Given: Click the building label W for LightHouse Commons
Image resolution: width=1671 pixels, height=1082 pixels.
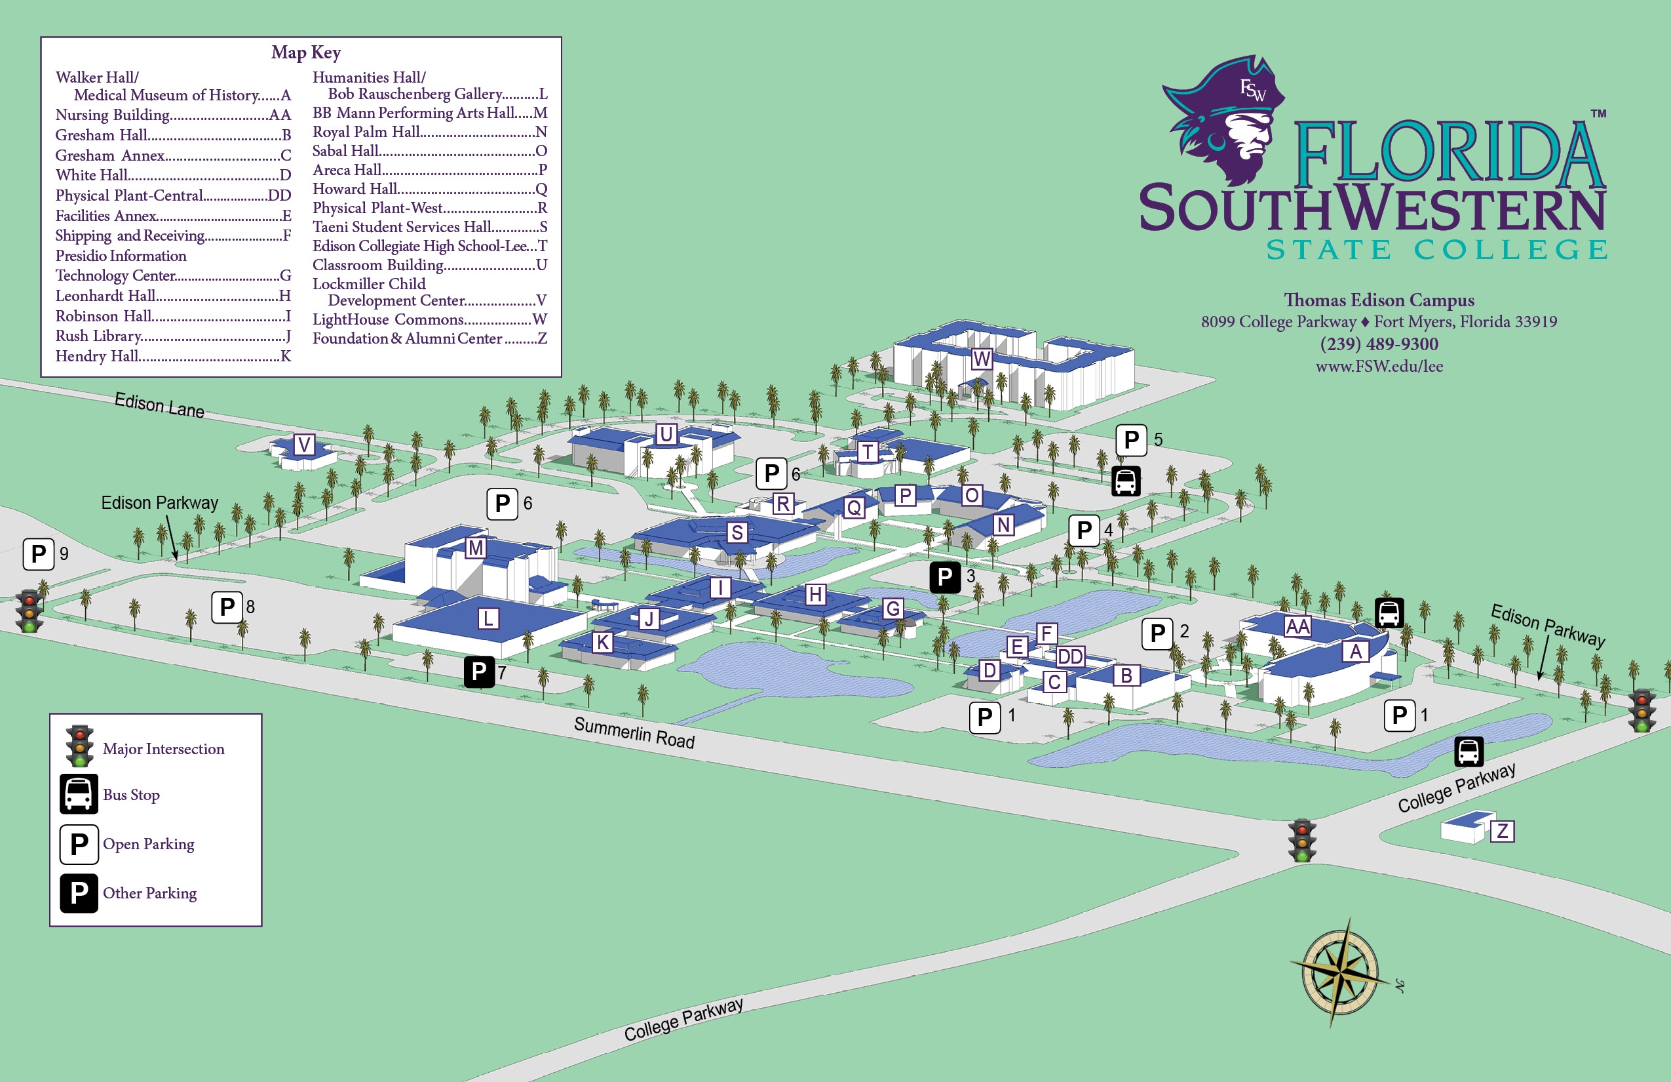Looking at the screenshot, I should pyautogui.click(x=982, y=359).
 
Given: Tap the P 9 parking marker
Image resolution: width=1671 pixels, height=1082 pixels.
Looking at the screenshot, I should pyautogui.click(x=39, y=553).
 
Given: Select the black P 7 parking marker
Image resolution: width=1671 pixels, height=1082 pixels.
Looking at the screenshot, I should pyautogui.click(x=480, y=671).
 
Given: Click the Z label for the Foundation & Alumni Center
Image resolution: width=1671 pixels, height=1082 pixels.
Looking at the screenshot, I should pyautogui.click(x=1502, y=832).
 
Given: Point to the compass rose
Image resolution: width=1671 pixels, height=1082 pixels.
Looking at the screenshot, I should pyautogui.click(x=1339, y=973).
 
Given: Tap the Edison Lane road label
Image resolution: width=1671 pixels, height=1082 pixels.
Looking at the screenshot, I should pyautogui.click(x=159, y=405).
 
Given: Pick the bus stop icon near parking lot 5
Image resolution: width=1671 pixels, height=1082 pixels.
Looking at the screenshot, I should pyautogui.click(x=1126, y=481).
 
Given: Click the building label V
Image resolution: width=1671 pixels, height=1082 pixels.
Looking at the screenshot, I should pyautogui.click(x=304, y=444).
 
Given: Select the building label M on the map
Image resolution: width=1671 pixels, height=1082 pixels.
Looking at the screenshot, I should pyautogui.click(x=475, y=548).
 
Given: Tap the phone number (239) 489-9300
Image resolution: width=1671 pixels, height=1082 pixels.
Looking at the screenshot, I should pyautogui.click(x=1378, y=344).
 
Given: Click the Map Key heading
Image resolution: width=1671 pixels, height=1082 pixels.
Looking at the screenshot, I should pyautogui.click(x=306, y=52).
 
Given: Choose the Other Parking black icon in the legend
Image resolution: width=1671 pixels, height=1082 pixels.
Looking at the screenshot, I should pyautogui.click(x=79, y=893).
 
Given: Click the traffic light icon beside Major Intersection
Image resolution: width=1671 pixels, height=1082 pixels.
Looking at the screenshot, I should pyautogui.click(x=79, y=746).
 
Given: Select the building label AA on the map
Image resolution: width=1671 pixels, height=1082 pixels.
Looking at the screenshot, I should pyautogui.click(x=1297, y=626).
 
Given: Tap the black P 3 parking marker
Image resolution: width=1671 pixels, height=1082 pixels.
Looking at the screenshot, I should pyautogui.click(x=945, y=577).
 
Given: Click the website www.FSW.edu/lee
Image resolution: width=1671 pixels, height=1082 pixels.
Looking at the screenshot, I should pyautogui.click(x=1379, y=366).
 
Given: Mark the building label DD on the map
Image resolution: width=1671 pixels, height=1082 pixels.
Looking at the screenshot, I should pyautogui.click(x=1070, y=656).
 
